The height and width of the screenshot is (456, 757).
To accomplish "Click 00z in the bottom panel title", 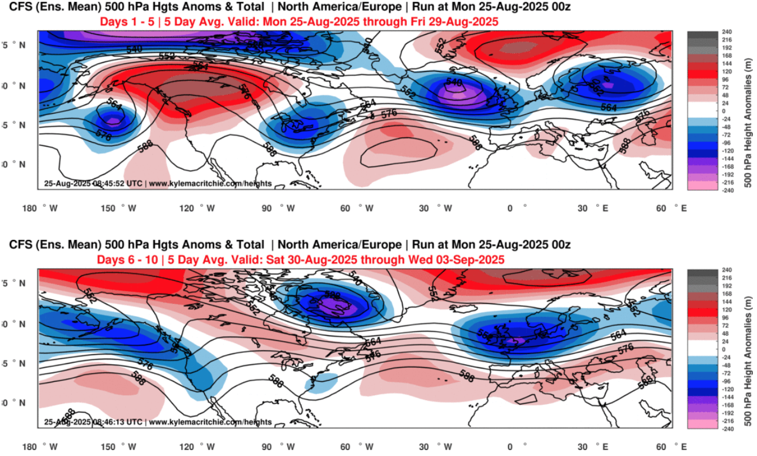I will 557,244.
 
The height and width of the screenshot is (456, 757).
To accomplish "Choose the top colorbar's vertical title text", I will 748,111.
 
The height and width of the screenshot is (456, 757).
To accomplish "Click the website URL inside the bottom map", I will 210,422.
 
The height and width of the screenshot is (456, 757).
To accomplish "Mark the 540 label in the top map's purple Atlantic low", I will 454,81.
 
